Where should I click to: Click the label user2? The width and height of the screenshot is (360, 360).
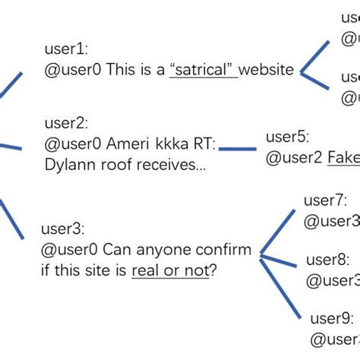67,122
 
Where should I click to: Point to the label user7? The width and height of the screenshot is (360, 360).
324,201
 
